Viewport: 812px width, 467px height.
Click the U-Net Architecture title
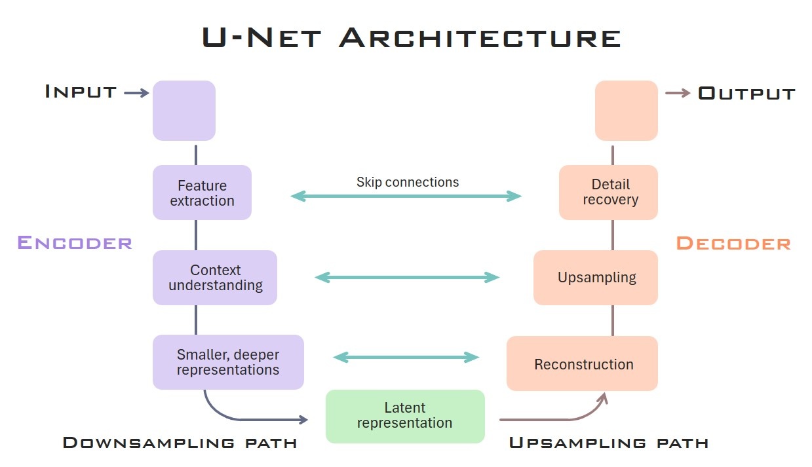[411, 37]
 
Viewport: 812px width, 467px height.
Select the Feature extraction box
[202, 193]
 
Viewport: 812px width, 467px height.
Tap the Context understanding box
[215, 278]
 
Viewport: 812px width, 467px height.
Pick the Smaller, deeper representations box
[228, 362]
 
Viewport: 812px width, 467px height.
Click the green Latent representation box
[405, 416]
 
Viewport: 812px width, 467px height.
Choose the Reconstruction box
[582, 364]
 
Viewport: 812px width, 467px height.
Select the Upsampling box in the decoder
[596, 278]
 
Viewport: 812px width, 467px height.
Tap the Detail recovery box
[608, 193]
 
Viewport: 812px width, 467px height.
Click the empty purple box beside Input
[184, 111]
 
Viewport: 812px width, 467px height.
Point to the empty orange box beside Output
[626, 111]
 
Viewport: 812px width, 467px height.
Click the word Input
[81, 92]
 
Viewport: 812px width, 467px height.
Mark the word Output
[746, 93]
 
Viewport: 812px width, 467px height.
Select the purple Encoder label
[75, 242]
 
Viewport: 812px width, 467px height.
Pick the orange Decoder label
[733, 243]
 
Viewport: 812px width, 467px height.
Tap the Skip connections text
[408, 182]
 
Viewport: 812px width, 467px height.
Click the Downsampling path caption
[180, 443]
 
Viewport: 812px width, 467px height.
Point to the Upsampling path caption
[608, 443]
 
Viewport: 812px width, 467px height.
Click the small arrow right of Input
[136, 93]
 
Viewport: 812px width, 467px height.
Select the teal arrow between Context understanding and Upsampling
[407, 278]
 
